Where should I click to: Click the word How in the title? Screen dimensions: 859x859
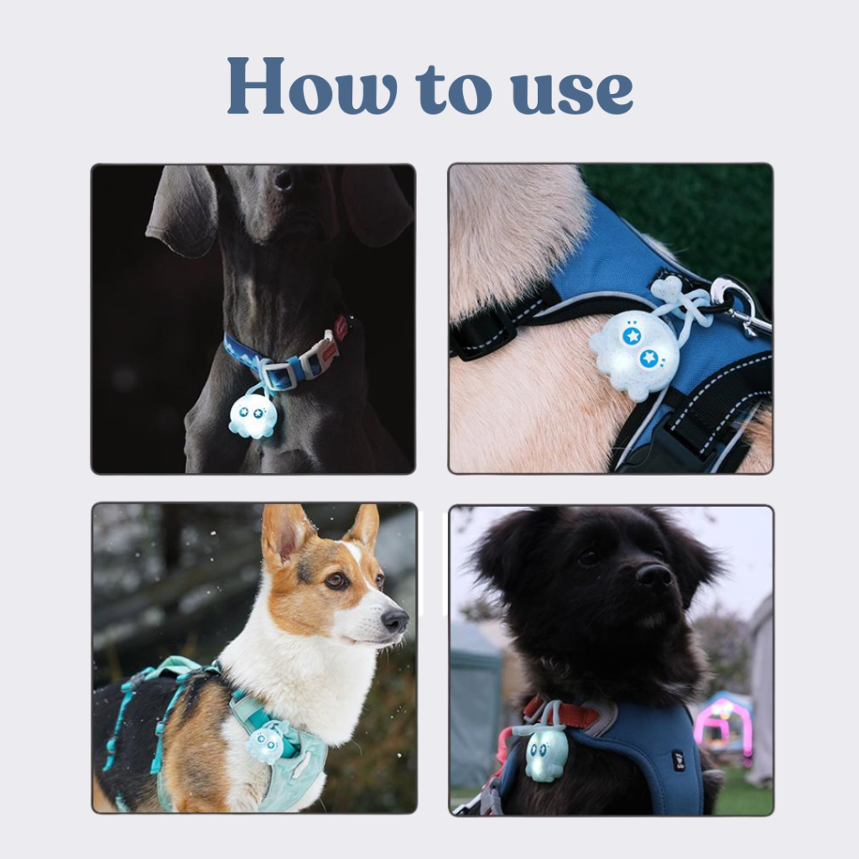[312, 86]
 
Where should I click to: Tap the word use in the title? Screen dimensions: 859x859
[572, 91]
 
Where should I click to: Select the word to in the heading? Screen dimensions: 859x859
[454, 89]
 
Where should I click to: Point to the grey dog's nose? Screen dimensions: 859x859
[284, 180]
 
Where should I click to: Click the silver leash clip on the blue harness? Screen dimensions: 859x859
[742, 304]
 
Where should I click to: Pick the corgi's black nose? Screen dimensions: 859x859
[395, 621]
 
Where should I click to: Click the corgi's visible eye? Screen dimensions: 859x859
[336, 580]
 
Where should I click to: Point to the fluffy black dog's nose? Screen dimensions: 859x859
[654, 575]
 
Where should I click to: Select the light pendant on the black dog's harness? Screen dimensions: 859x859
[545, 753]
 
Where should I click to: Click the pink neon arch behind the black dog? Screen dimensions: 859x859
[719, 722]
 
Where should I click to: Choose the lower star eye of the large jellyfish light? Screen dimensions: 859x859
[648, 359]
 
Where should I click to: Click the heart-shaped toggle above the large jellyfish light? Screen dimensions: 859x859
[668, 289]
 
